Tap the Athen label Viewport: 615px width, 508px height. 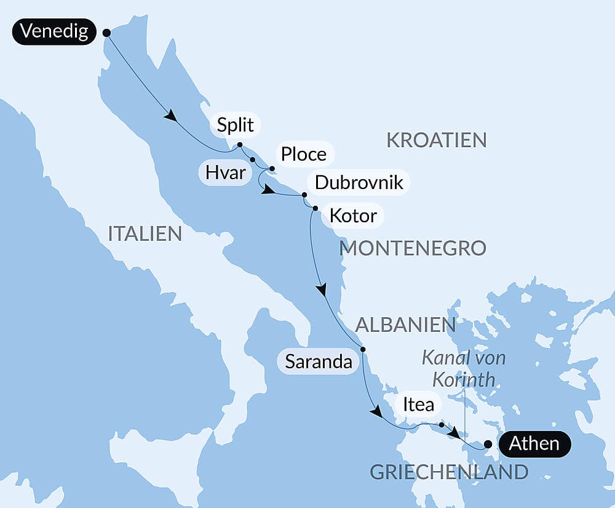pos(534,444)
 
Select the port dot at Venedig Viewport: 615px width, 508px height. pos(106,33)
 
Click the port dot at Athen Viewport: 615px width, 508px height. pos(488,444)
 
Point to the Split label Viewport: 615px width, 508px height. pos(236,126)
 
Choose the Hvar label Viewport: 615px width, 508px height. pos(226,174)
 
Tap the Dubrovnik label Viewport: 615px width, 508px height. pos(359,182)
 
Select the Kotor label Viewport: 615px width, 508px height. pos(352,216)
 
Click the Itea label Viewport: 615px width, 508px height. pos(418,405)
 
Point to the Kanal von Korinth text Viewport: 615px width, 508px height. pos(464,368)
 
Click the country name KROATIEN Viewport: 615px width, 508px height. pos(436,140)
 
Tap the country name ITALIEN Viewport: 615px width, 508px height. pos(145,234)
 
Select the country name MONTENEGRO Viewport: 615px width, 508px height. pos(413,248)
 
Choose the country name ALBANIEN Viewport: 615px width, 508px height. pos(406,325)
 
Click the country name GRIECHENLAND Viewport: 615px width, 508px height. pos(448,472)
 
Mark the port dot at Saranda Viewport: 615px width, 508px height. pos(363,350)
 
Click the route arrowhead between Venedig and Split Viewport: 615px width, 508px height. pos(170,115)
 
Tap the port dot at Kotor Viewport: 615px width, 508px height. pos(315,209)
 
